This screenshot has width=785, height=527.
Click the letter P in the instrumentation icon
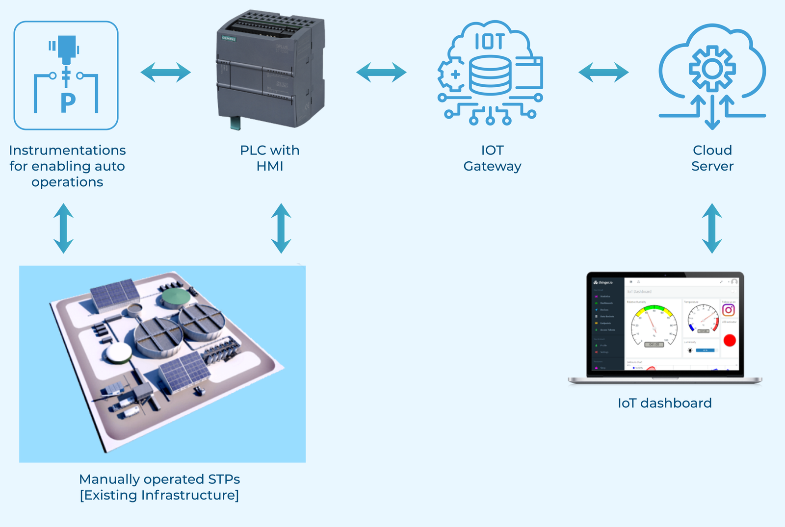[x=68, y=103]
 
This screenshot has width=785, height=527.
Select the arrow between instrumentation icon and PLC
[x=165, y=73]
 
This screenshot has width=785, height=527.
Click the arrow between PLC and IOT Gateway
[x=381, y=73]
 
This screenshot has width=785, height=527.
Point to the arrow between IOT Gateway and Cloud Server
[x=603, y=73]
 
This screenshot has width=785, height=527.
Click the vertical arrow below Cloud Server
[x=712, y=228]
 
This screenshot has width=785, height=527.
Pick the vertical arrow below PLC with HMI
[x=281, y=228]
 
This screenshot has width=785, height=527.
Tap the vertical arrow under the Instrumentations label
[x=64, y=228]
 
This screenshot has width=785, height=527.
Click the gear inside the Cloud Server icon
[x=712, y=69]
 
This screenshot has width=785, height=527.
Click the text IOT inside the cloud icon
[x=489, y=42]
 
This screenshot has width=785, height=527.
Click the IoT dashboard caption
[x=664, y=403]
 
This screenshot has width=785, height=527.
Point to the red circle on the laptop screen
[x=730, y=340]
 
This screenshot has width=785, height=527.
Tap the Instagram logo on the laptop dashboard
[x=729, y=310]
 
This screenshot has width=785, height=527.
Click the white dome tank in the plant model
[x=118, y=352]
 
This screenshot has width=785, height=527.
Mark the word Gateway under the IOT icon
[x=492, y=166]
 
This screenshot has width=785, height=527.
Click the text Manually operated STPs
[x=159, y=479]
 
